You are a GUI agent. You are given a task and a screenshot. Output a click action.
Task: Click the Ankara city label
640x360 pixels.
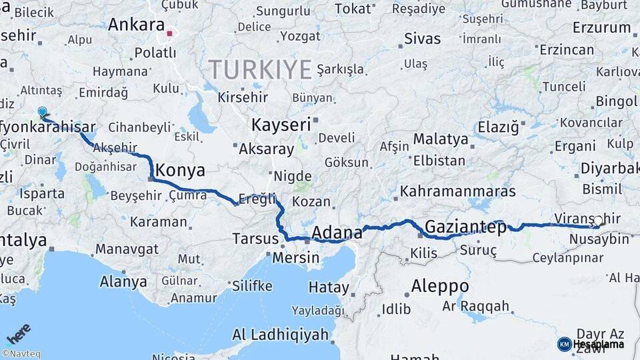pyautogui.click(x=136, y=25)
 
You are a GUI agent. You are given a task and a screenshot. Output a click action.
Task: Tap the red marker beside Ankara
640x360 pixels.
pyautogui.click(x=170, y=33)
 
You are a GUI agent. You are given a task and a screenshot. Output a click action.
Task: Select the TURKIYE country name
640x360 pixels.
pyautogui.click(x=260, y=69)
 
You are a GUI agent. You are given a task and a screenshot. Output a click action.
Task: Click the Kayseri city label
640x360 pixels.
pyautogui.click(x=281, y=125)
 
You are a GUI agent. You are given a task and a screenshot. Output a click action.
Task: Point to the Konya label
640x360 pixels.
pyautogui.click(x=181, y=170)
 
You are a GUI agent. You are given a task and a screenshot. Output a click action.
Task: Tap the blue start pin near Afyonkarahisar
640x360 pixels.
pyautogui.click(x=42, y=112)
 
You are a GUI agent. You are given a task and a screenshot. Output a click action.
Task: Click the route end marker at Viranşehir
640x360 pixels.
pyautogui.click(x=598, y=222)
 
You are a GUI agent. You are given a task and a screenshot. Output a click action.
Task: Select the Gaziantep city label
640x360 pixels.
pyautogui.click(x=465, y=225)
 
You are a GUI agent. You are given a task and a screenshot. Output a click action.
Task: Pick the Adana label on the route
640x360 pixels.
pyautogui.click(x=337, y=233)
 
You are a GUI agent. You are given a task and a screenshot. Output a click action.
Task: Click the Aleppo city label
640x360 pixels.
pyautogui.click(x=439, y=287)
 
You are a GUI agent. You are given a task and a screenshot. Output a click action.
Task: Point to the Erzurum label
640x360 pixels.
pyautogui.click(x=601, y=27)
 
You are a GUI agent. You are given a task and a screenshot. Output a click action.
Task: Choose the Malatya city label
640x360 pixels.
pyautogui.click(x=441, y=139)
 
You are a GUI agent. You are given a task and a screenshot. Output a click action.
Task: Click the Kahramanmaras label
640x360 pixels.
pyautogui.click(x=458, y=191)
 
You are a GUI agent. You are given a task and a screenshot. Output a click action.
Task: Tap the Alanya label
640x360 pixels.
pyautogui.click(x=123, y=281)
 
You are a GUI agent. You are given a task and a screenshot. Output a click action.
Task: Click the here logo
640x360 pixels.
pyautogui.click(x=18, y=333)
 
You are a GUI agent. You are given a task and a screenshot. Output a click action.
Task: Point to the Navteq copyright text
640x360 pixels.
pyautogui.click(x=21, y=354)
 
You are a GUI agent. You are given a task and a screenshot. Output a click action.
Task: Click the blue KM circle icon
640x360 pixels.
pyautogui.click(x=564, y=344)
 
